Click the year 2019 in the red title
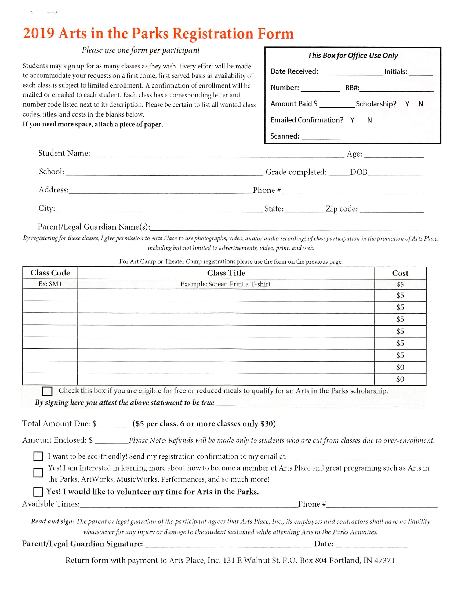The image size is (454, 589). point(39,34)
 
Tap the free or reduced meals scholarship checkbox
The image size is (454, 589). point(47,391)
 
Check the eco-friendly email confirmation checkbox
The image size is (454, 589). point(38,456)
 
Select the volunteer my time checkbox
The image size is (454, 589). point(38,492)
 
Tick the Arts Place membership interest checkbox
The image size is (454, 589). point(38,472)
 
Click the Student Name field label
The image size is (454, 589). point(64,154)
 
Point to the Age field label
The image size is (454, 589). point(354,154)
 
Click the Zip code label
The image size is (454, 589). point(342,209)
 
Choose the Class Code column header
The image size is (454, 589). point(50,273)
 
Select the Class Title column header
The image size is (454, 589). point(226,273)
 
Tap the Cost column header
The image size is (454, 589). point(400,273)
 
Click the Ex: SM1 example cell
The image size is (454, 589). point(50,284)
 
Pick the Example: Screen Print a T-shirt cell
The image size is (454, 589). point(226,284)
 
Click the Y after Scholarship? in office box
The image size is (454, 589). point(407,104)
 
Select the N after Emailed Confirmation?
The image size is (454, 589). point(369,120)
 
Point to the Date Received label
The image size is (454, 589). point(294,71)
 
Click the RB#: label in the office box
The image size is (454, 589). point(352,88)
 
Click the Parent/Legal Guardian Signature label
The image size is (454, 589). point(82,544)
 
